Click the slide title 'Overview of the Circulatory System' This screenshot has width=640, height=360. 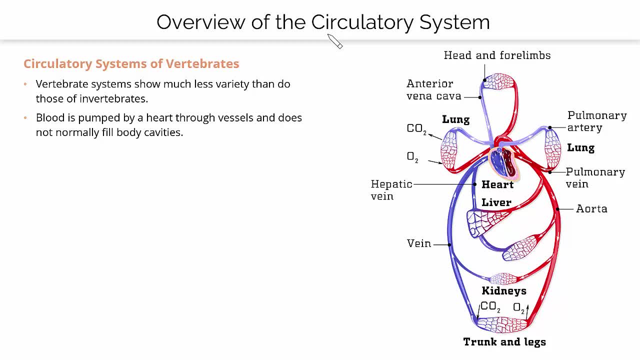point(323,22)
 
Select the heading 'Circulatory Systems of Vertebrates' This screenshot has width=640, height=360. point(131,64)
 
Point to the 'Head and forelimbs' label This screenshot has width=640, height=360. point(497,55)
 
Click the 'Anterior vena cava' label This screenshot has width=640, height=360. point(433,90)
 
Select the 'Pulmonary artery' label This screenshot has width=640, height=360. point(596,121)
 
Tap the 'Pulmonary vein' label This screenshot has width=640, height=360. point(595,177)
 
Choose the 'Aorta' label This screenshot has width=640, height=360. point(591,209)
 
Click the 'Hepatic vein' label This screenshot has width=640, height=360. point(391,190)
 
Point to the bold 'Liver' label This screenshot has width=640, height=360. point(496,202)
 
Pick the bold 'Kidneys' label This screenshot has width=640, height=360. point(503,291)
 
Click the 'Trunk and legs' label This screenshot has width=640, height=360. point(504,342)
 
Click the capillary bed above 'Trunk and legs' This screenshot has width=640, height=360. point(501,324)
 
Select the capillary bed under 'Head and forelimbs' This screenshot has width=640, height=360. point(498,81)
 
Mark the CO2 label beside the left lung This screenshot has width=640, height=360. point(416,129)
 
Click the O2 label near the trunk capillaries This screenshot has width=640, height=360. point(519,308)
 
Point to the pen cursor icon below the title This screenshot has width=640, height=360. point(335,42)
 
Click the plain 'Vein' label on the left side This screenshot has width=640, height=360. point(419,243)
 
